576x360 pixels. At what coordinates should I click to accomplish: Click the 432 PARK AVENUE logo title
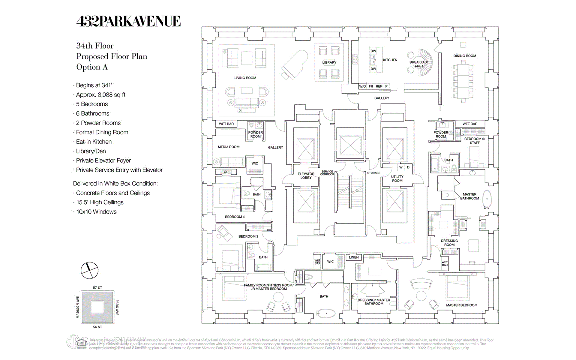128,21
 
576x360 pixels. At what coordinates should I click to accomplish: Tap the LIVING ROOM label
245,78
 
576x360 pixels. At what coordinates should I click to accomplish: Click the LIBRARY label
329,63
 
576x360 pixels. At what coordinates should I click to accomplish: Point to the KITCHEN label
390,60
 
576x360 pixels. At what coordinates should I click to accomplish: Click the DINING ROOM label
465,56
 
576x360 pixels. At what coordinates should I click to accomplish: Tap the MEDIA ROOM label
229,147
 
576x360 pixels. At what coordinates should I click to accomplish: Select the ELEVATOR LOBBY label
306,176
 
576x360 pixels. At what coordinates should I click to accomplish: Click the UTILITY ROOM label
397,179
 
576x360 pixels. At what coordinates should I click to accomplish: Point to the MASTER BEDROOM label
461,305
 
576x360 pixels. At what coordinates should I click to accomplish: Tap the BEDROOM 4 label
235,217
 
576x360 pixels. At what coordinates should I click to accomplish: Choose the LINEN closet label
354,257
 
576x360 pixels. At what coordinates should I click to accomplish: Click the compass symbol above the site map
89,270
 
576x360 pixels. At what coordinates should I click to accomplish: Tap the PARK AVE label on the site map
117,307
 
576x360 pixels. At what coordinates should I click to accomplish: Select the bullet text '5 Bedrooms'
92,104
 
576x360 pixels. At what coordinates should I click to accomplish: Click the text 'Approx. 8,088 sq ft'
100,95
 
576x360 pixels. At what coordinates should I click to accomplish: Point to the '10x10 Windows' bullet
96,212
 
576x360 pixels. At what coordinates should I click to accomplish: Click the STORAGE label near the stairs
373,173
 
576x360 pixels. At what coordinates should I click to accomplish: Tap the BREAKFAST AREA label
419,64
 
